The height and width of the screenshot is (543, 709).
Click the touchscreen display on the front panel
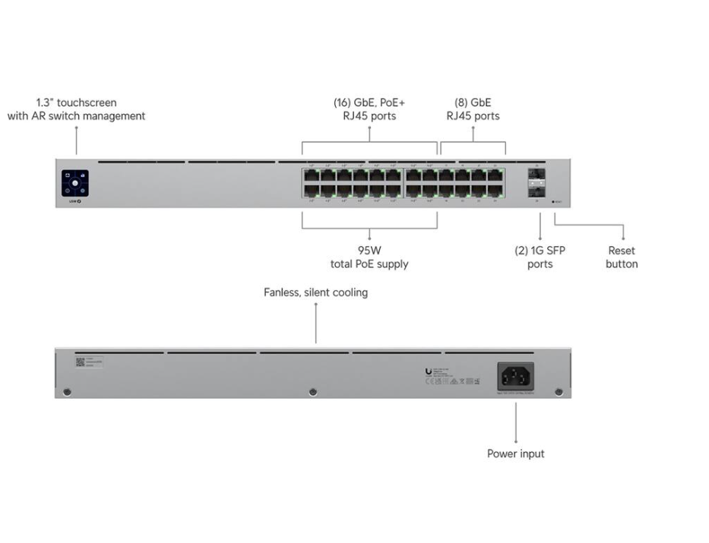(x=75, y=183)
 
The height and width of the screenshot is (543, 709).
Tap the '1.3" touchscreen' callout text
(x=76, y=103)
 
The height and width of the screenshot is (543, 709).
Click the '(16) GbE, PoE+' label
(x=369, y=103)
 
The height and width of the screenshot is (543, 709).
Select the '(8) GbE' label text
(x=473, y=103)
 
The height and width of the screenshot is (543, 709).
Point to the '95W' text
(x=370, y=251)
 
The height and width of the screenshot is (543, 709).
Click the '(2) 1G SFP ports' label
(x=540, y=257)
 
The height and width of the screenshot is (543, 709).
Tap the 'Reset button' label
(x=622, y=257)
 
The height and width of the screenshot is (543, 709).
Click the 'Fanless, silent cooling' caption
(x=315, y=292)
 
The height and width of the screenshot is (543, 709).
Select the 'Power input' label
(x=516, y=453)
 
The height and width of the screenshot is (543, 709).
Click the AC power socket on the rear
(x=515, y=377)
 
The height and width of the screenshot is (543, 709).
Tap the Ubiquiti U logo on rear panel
(x=429, y=371)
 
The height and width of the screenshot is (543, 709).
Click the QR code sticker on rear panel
(x=80, y=361)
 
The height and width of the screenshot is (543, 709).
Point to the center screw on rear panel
(x=312, y=392)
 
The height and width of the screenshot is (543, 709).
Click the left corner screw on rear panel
(x=68, y=392)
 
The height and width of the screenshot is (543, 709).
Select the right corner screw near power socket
(x=559, y=392)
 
